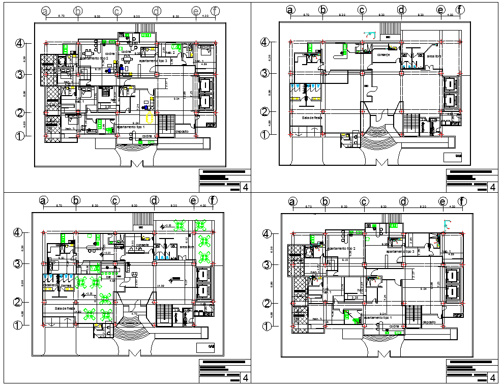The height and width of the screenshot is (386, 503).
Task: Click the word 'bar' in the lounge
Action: (x=108, y=278)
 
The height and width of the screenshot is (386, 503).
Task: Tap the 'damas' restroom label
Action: (x=66, y=286)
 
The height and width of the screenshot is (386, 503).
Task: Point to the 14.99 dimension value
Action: (x=161, y=286)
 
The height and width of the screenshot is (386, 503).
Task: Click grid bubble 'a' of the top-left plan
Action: (x=46, y=11)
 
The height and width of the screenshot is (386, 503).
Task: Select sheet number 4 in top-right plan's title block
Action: (x=492, y=188)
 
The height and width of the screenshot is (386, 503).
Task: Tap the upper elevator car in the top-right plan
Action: (x=451, y=84)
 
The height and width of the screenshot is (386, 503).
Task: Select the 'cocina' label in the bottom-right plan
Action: (x=395, y=326)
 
